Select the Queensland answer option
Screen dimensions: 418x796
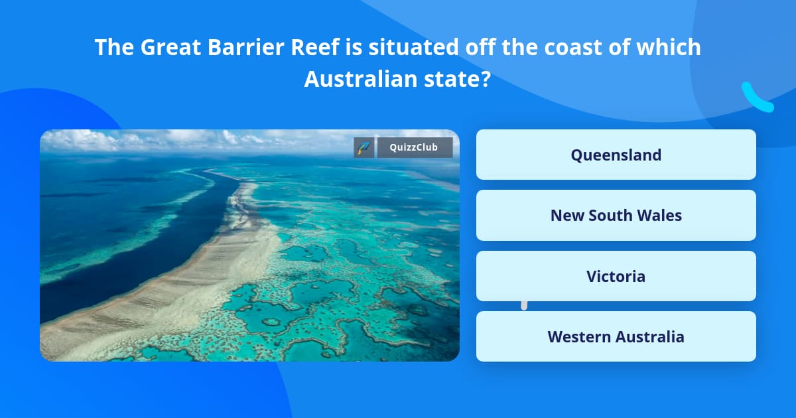coord(616,155)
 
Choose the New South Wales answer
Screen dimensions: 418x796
coord(616,215)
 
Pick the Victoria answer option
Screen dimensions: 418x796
coord(616,276)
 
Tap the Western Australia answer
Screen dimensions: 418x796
coord(616,336)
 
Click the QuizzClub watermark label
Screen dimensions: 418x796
coord(415,147)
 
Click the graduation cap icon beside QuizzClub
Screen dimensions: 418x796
coord(364,147)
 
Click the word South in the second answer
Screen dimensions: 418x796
coord(611,215)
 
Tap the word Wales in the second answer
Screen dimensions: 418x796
coord(659,215)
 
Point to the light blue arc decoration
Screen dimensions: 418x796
coord(756,98)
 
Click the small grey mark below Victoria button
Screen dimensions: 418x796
coord(524,306)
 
